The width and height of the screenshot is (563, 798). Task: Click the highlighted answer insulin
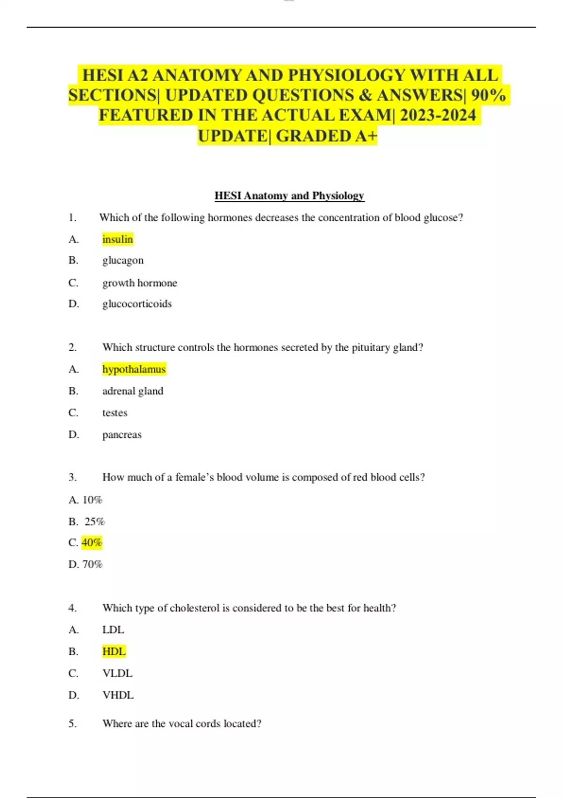[x=117, y=239]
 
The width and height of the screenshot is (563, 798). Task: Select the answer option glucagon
[x=123, y=261]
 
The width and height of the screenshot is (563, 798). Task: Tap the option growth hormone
[x=140, y=283]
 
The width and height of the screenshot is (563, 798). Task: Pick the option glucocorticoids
[x=137, y=304]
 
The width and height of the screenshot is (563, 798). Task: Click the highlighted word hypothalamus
[x=134, y=369]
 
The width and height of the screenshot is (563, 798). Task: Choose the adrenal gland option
[x=133, y=391]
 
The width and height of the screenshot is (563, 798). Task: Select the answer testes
[x=115, y=413]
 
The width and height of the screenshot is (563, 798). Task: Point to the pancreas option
[x=122, y=435]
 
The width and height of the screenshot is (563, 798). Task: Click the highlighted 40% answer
[x=91, y=543]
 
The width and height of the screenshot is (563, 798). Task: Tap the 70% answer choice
[x=92, y=564]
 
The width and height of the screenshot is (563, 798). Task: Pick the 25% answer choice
[x=94, y=522]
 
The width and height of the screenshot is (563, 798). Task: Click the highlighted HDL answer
[x=114, y=652]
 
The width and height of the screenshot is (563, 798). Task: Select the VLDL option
[x=117, y=673]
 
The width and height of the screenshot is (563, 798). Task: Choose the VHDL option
[x=118, y=695]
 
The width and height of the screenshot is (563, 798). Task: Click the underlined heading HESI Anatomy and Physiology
[x=289, y=196]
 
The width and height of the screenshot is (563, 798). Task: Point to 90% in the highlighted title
[x=488, y=95]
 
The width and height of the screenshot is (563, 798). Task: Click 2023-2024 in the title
[x=438, y=115]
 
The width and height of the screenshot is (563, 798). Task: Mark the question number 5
[x=72, y=724]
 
